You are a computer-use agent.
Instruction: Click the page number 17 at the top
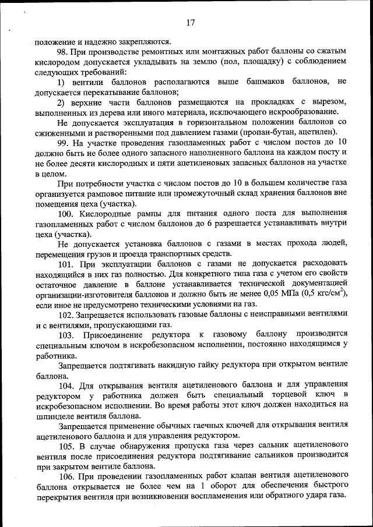click(x=190, y=23)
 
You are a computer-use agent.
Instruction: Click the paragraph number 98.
click(x=64, y=52)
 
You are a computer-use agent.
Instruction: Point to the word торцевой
click(x=269, y=396)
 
